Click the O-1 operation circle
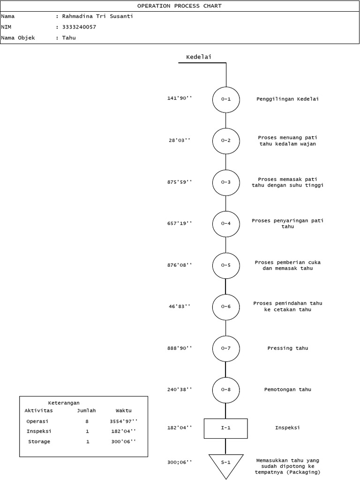[x=225, y=99]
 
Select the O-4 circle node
[x=225, y=224]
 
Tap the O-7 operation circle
[x=225, y=348]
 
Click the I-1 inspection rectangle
[x=225, y=428]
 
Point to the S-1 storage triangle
[x=225, y=463]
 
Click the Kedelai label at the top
[x=199, y=57]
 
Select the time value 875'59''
[x=180, y=182]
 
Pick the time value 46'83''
[x=180, y=306]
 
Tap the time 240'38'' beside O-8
[x=180, y=390]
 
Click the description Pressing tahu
[x=288, y=348]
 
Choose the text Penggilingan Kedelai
[x=287, y=99]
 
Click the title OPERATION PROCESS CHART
[x=180, y=6]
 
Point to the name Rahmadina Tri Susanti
[x=97, y=16]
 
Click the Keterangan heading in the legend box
[x=64, y=403]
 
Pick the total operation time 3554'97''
[x=123, y=421]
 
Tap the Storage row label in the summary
[x=39, y=442]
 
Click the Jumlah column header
[x=86, y=411]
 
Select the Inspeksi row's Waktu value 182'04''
[x=123, y=431]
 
